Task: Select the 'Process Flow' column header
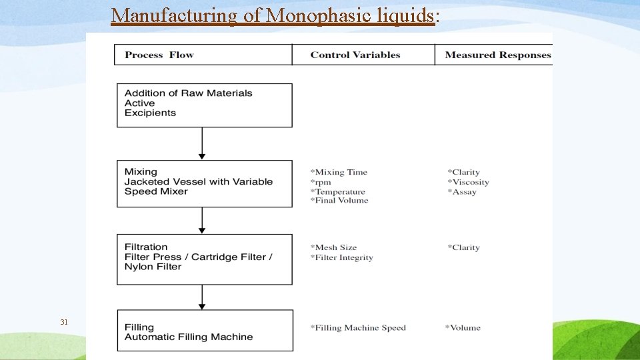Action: (159, 55)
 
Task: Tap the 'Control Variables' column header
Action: (355, 55)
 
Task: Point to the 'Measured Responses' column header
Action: (498, 55)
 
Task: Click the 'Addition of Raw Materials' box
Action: (204, 105)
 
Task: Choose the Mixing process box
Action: (204, 183)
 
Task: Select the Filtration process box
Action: (204, 259)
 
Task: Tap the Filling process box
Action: (204, 331)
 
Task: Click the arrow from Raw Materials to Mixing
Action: (202, 143)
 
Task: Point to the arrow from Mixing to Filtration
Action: (202, 220)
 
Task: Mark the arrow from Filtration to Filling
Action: (202, 297)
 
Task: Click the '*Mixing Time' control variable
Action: (339, 172)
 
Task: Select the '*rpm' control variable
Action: (321, 182)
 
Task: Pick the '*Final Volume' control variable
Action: (339, 200)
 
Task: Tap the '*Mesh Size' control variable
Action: (333, 247)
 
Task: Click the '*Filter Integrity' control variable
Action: (341, 257)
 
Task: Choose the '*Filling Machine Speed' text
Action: (358, 327)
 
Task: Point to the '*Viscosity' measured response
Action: (468, 182)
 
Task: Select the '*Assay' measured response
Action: (462, 192)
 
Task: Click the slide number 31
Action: (64, 322)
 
